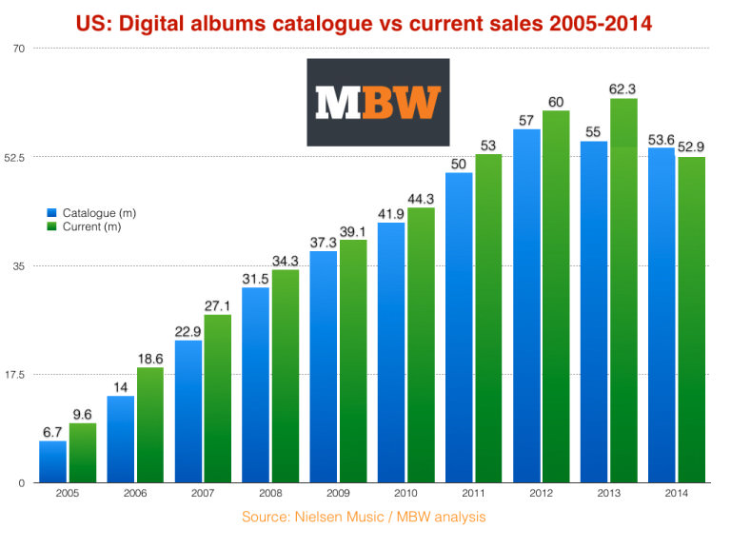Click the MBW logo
[378, 102]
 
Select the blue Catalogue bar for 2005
[53, 461]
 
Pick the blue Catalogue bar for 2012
[526, 305]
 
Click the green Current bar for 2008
[286, 376]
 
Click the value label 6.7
[53, 433]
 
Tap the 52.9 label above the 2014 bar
[691, 147]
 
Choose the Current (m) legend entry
[89, 226]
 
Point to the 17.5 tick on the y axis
[16, 374]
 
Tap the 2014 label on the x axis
[677, 495]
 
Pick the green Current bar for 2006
[150, 424]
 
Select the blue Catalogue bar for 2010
[391, 352]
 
